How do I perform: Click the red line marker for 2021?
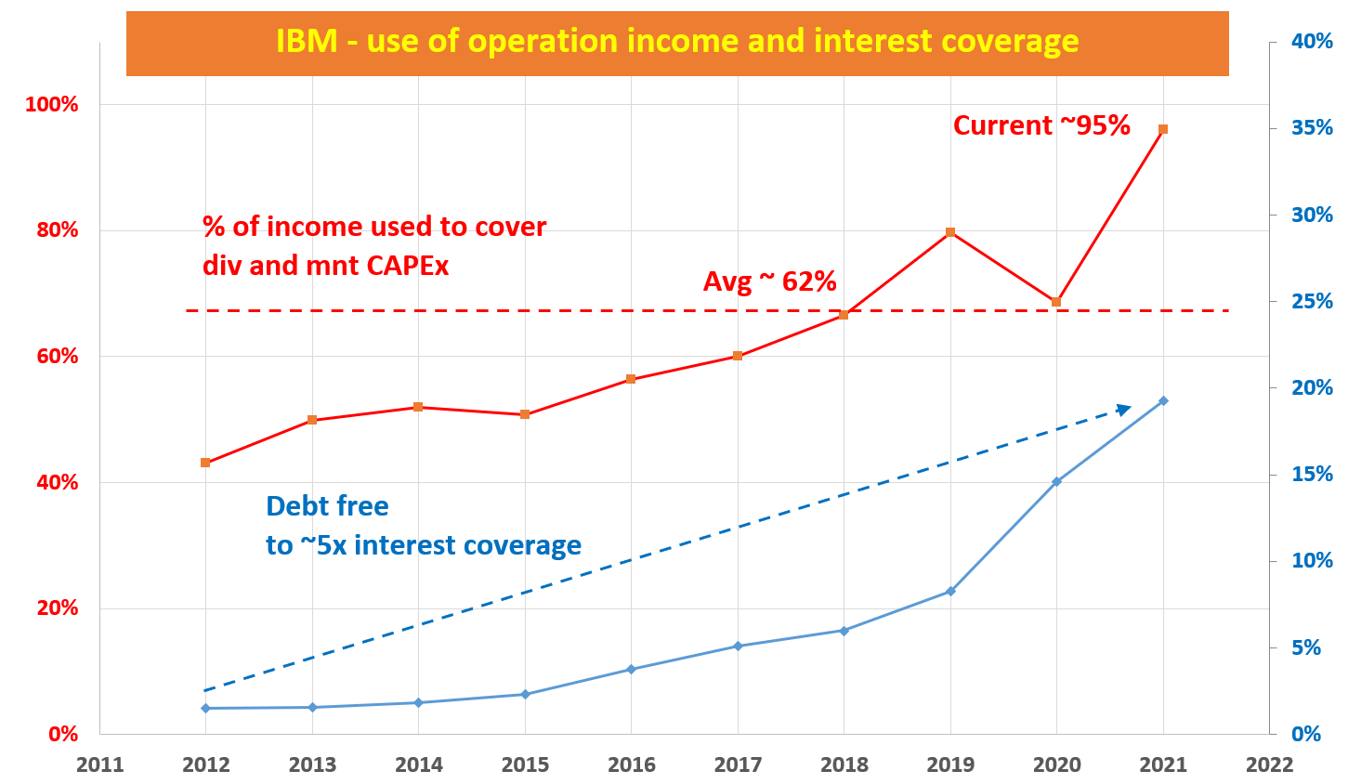click(1163, 129)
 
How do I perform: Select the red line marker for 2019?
click(950, 232)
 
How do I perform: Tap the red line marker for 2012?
click(205, 463)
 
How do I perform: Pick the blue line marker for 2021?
click(1163, 400)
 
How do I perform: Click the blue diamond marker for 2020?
click(1056, 481)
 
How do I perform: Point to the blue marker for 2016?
click(631, 669)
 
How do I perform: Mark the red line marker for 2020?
click(1056, 302)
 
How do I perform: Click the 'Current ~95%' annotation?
click(1040, 125)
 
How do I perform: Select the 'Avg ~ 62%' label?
click(769, 281)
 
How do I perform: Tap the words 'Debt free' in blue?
click(327, 506)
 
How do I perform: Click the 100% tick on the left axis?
click(51, 104)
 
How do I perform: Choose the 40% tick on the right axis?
click(1311, 41)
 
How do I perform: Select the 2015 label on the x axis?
click(525, 765)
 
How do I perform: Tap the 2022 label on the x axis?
click(1269, 765)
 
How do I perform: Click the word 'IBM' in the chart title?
click(307, 42)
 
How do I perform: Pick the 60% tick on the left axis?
click(57, 357)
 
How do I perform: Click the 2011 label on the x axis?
click(99, 765)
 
